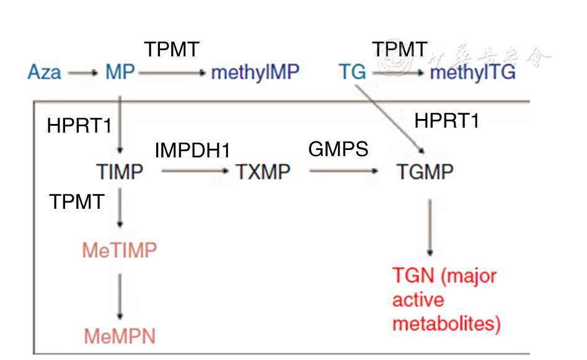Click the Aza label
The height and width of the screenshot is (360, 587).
tap(44, 72)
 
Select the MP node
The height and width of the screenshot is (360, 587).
tap(120, 72)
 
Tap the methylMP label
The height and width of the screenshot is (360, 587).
tap(255, 72)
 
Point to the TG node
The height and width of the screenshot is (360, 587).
tap(352, 72)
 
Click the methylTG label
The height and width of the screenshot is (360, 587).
tap(472, 72)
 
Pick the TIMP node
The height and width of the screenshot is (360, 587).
tap(120, 171)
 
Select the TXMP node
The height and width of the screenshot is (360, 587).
tap(263, 171)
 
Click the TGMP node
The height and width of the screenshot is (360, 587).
tap(425, 171)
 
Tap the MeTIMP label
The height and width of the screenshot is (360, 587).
tap(119, 250)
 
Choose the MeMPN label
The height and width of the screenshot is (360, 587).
tap(119, 336)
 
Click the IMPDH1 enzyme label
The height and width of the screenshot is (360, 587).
tap(192, 150)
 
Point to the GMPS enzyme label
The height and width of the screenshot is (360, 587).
tap(338, 149)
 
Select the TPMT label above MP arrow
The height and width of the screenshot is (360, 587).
tap(172, 50)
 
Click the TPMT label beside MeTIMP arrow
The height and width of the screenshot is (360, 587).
tap(77, 201)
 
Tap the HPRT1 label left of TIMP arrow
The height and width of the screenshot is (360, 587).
tap(79, 126)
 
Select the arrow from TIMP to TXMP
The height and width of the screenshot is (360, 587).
tap(195, 172)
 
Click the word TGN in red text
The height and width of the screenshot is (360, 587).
tap(413, 275)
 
